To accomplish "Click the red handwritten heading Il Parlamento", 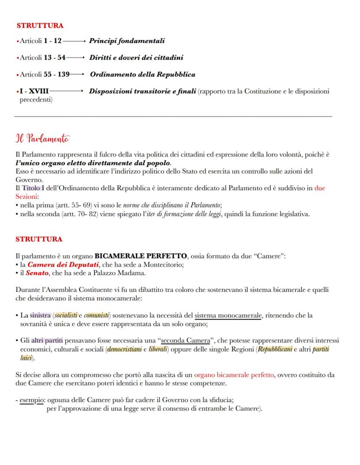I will tap(42, 139).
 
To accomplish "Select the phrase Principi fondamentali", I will tap(127, 41).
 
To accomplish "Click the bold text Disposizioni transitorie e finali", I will tap(143, 91).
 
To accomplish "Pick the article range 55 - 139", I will tap(57, 74).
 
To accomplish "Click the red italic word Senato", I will tap(37, 273).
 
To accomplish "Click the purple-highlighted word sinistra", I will tap(40, 315).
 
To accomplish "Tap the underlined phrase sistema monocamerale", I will tap(228, 315).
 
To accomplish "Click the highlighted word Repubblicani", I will tap(274, 349).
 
